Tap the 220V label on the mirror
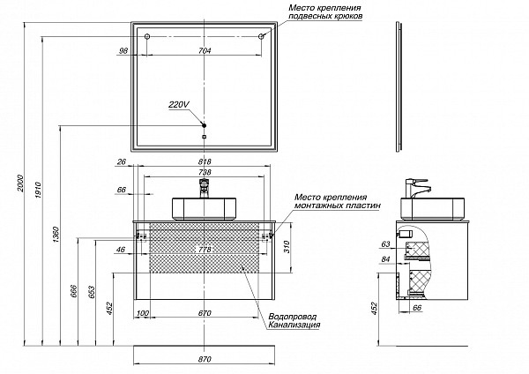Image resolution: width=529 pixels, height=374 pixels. (178, 105)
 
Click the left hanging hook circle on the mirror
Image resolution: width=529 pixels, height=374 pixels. (147, 36)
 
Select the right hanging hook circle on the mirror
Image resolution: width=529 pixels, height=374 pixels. (263, 36)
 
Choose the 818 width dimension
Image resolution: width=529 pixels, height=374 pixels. (205, 162)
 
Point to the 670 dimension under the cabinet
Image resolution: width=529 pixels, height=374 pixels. (205, 313)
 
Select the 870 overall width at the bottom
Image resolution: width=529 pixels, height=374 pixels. (205, 358)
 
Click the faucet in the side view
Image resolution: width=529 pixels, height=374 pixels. (414, 188)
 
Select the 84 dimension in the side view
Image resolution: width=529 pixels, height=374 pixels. (385, 259)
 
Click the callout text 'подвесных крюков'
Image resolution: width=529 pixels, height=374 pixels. (323, 17)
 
